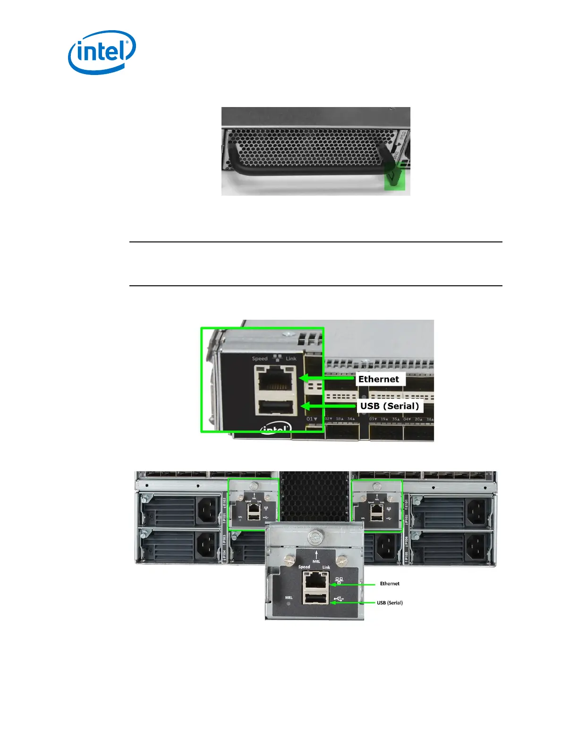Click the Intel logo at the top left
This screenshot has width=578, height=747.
102,52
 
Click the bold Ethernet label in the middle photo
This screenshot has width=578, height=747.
378,379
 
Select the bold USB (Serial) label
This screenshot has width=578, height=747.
390,406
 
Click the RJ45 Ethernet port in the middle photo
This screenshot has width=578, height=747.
276,378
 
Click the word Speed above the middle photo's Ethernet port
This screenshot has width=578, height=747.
260,359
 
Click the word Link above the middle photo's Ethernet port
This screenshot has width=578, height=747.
291,359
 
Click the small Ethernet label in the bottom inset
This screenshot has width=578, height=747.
390,584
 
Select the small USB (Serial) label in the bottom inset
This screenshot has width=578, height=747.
390,603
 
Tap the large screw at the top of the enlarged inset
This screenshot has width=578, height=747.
315,537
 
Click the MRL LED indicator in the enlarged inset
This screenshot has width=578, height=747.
289,603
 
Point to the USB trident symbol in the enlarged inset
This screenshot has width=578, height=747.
339,600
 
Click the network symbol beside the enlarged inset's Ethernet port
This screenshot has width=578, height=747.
339,581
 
